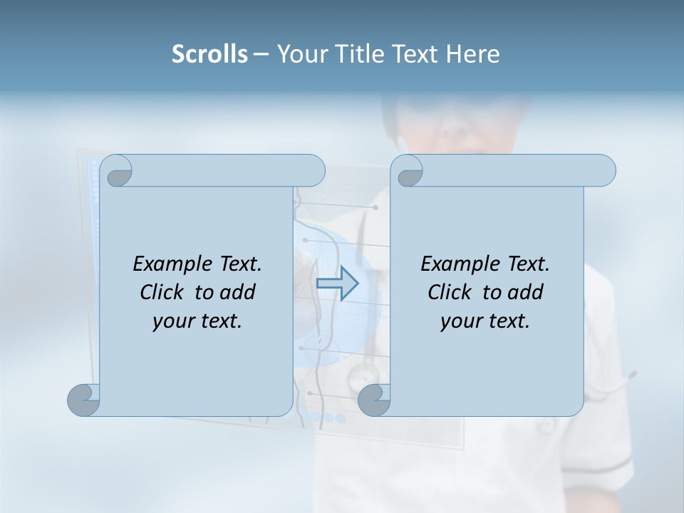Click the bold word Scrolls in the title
click(x=209, y=54)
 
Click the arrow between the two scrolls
click(x=337, y=284)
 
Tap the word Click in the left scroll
click(x=165, y=293)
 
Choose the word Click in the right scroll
click(x=452, y=293)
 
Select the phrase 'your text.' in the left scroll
click(x=197, y=321)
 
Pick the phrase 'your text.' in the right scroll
click(x=485, y=321)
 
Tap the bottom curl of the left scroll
click(x=83, y=400)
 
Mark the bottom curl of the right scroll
click(x=374, y=400)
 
